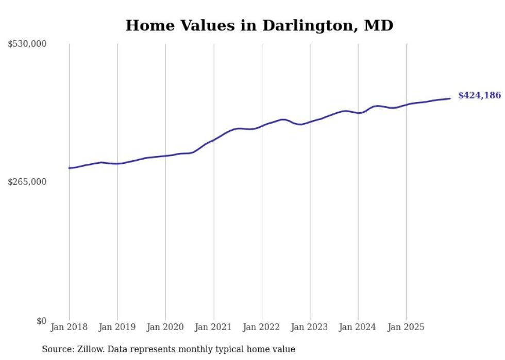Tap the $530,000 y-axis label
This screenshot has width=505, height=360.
tap(27, 44)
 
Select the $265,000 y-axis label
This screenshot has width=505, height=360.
tap(27, 182)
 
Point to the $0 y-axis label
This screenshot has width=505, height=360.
tap(41, 321)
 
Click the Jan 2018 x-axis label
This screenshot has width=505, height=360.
tap(69, 327)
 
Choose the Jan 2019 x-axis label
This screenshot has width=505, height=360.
tap(117, 327)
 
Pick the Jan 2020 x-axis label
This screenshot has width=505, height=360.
tap(165, 327)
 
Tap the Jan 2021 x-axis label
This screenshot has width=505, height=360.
tap(213, 327)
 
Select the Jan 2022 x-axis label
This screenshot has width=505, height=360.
tap(262, 327)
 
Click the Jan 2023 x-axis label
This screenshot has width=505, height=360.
tap(310, 327)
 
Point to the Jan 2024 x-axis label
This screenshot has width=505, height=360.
tap(358, 327)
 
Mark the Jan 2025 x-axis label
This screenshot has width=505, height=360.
tap(406, 327)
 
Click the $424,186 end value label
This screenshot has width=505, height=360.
tap(479, 95)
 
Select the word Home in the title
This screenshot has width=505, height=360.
tap(146, 25)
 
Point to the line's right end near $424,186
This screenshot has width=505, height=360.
tap(450, 98)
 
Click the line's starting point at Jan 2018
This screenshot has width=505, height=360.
tap(69, 168)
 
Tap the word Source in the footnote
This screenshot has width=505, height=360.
tap(56, 349)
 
